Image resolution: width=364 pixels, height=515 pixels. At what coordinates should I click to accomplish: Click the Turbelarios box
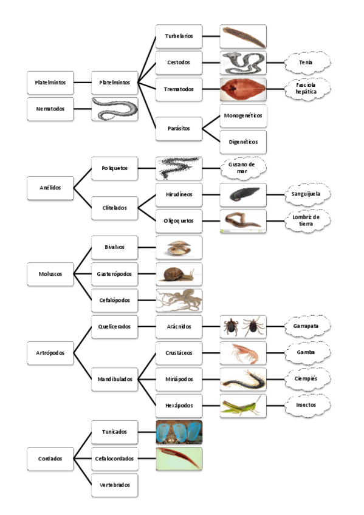coord(179,36)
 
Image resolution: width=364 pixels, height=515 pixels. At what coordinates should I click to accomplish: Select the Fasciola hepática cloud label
coord(309,89)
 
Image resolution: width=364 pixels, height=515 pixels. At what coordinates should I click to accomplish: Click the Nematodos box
coord(50,109)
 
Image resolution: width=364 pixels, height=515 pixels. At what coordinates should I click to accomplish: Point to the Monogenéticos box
coord(242,115)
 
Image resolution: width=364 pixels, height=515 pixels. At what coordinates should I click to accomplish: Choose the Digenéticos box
coord(242,142)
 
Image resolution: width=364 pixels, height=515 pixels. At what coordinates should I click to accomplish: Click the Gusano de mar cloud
coord(242,168)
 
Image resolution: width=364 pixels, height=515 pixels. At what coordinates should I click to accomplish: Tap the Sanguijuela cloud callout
coord(308,194)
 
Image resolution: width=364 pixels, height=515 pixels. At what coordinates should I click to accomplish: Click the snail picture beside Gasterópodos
coord(179,274)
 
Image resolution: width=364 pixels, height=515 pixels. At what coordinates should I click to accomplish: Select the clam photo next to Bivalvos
coord(179,247)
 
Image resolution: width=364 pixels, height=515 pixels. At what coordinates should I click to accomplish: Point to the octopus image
coord(179,300)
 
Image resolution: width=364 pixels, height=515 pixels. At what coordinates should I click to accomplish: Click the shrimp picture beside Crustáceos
coord(242,353)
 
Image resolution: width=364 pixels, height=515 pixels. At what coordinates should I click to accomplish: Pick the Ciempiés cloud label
coord(308,379)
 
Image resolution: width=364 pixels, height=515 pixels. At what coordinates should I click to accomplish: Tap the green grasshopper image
coord(242,405)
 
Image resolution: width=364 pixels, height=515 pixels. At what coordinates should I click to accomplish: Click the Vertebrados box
coord(114,485)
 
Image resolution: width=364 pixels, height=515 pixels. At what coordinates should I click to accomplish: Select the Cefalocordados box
coord(114,459)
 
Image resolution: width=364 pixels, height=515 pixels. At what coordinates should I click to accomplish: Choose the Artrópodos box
coord(50,353)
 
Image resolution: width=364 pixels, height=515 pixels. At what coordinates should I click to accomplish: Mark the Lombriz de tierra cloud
coord(308,220)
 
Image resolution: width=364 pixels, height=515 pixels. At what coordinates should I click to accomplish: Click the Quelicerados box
coord(114,326)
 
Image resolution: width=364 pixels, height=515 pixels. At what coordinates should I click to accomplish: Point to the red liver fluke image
coord(242,89)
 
